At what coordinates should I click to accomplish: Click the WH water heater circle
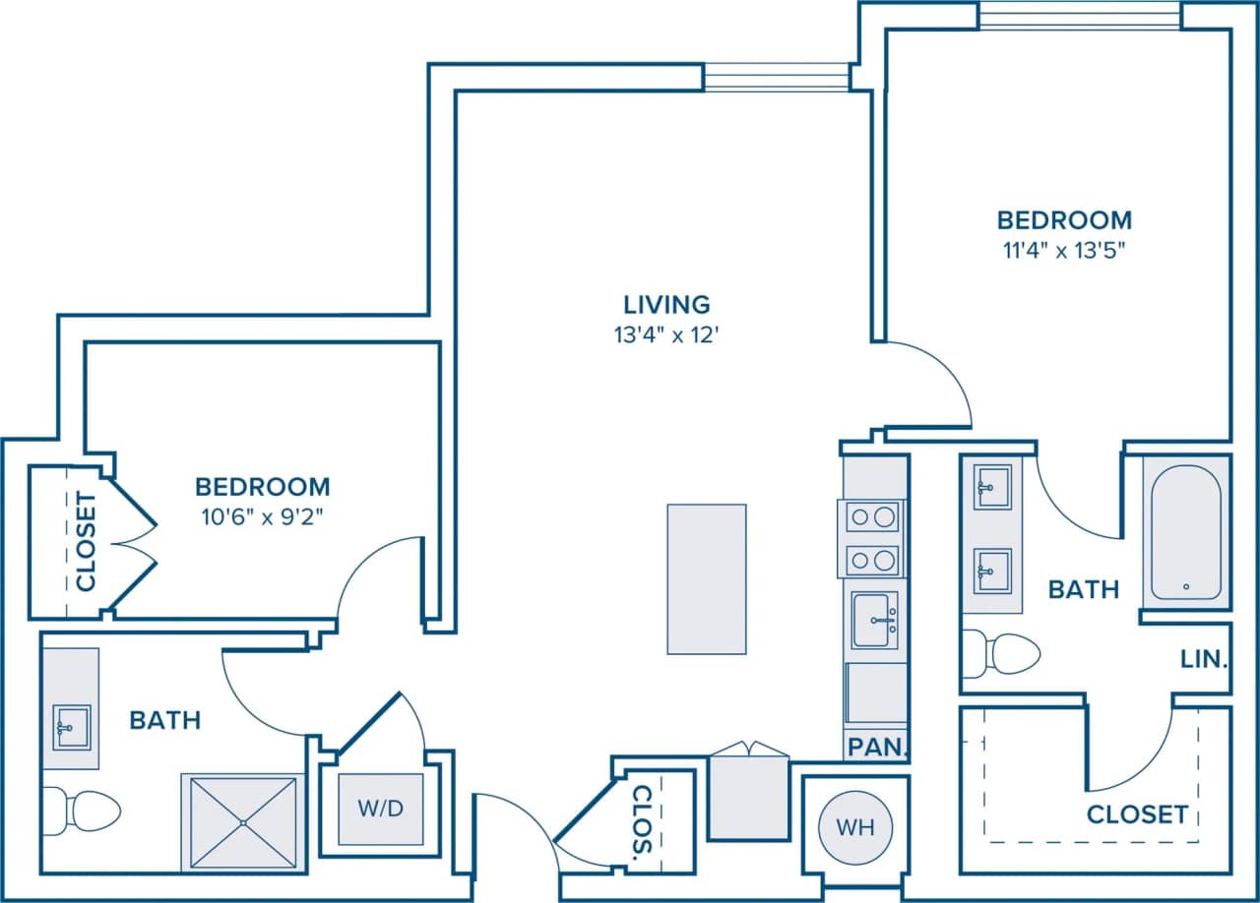[x=854, y=826]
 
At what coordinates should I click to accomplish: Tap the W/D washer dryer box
[x=381, y=809]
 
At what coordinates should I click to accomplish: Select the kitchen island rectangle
[x=706, y=578]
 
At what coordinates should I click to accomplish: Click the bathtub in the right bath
[x=1186, y=532]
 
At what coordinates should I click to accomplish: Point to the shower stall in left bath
[x=242, y=822]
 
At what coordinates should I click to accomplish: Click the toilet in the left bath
[x=84, y=811]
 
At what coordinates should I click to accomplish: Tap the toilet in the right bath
[x=1004, y=654]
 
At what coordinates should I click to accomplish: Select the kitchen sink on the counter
[x=875, y=620]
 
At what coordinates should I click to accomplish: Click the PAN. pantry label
[x=875, y=748]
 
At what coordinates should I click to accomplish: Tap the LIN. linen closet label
[x=1203, y=658]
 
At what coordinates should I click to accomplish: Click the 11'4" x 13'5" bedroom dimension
[x=1064, y=249]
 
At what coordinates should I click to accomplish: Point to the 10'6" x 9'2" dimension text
[x=262, y=514]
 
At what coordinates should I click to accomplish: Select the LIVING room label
[x=666, y=304]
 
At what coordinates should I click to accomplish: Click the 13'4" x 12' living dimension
[x=666, y=334]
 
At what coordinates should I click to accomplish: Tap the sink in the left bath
[x=71, y=727]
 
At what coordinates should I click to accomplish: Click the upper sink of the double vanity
[x=992, y=487]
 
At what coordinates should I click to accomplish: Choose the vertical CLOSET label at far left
[x=87, y=542]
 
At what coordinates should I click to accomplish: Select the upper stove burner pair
[x=873, y=516]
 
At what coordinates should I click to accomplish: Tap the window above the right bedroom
[x=1080, y=15]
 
